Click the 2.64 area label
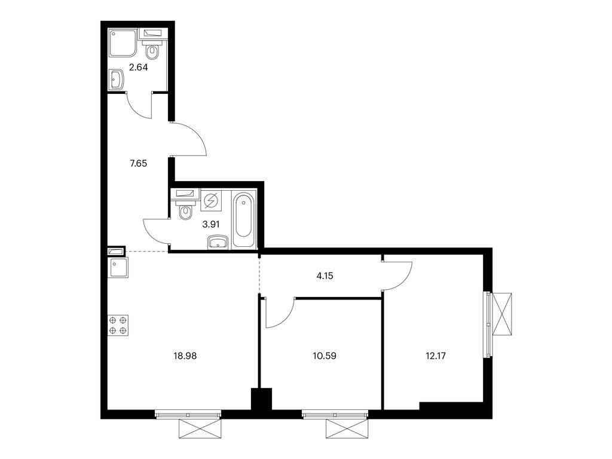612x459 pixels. click(x=139, y=67)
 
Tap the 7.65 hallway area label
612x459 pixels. click(x=139, y=164)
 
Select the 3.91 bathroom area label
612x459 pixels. click(x=211, y=225)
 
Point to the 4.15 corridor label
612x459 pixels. click(x=325, y=276)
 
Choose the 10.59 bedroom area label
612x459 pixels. click(x=325, y=356)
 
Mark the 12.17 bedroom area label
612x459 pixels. click(x=436, y=356)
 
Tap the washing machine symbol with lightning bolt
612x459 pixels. click(x=211, y=201)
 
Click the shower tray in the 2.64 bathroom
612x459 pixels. click(x=123, y=43)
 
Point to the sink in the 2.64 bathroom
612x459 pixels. click(x=117, y=79)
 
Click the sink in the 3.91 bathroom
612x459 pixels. click(x=218, y=241)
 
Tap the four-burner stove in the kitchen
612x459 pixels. click(x=118, y=326)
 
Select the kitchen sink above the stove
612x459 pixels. click(x=118, y=268)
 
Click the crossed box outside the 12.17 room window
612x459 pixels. click(x=501, y=314)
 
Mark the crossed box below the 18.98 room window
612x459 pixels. click(x=200, y=429)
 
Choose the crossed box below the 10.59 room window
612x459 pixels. click(x=347, y=429)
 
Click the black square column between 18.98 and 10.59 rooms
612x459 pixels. click(x=261, y=399)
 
